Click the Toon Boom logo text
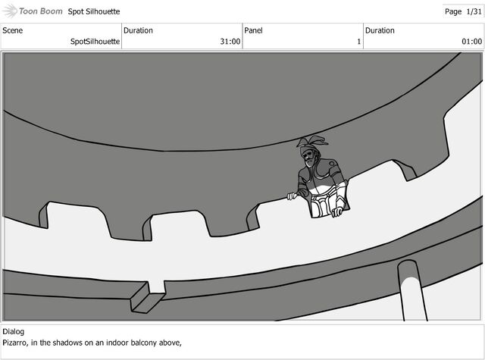click(40, 11)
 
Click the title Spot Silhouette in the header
click(94, 11)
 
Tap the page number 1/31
click(474, 12)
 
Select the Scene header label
click(12, 30)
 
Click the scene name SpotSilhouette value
click(95, 42)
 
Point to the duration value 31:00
click(230, 42)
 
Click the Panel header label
click(253, 30)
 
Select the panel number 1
click(358, 42)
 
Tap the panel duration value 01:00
click(471, 42)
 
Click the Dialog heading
click(14, 331)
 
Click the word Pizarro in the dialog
click(15, 343)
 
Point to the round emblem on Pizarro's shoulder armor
click(332, 163)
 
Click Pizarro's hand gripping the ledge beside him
click(293, 196)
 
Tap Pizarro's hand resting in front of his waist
click(337, 212)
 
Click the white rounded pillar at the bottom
click(412, 291)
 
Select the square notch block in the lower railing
click(149, 298)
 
